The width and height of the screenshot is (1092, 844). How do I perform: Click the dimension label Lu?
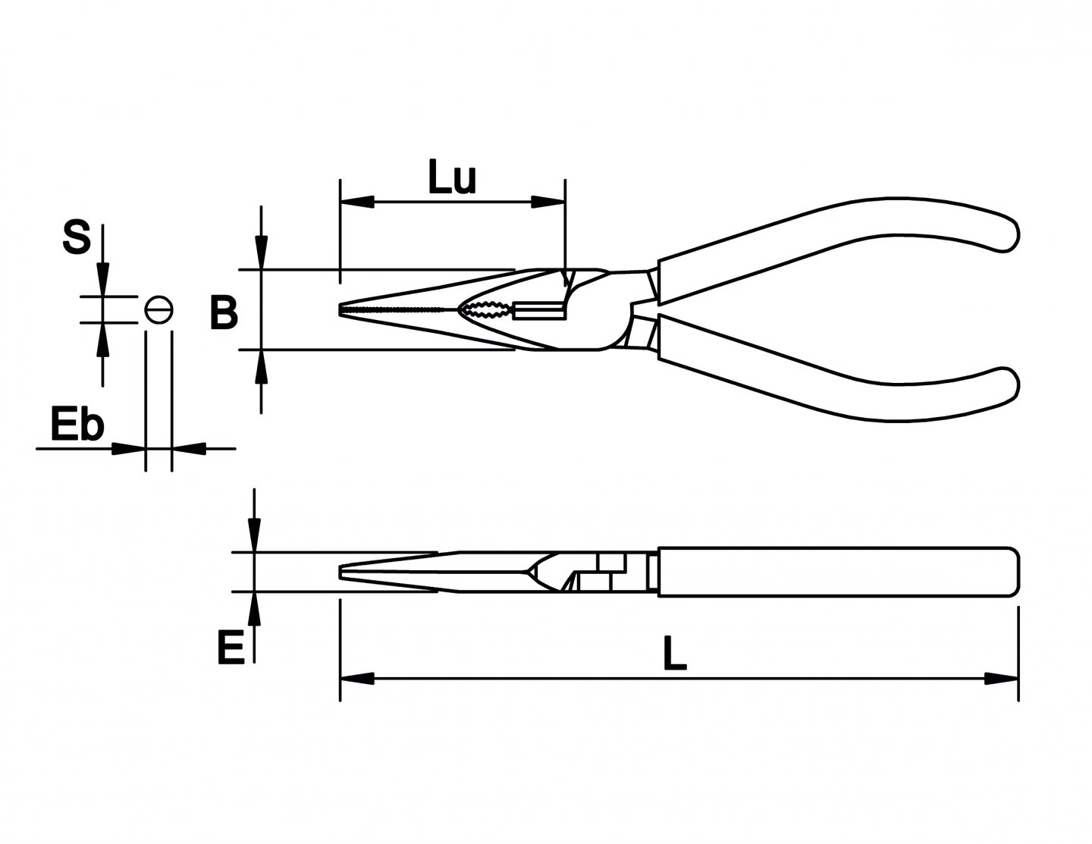tap(452, 179)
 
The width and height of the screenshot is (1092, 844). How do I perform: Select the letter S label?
tap(77, 237)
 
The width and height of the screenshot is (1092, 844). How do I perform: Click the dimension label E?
tap(231, 649)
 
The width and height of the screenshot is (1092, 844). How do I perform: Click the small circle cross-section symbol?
tap(159, 309)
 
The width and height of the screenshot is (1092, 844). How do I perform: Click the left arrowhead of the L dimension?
tap(357, 677)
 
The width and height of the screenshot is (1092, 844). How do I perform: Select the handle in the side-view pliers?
tap(834, 573)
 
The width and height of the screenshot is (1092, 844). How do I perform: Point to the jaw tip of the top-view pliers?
tap(343, 309)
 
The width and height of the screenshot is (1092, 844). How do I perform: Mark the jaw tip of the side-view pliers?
tap(343, 573)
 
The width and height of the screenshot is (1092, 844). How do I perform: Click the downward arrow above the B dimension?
tap(261, 252)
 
